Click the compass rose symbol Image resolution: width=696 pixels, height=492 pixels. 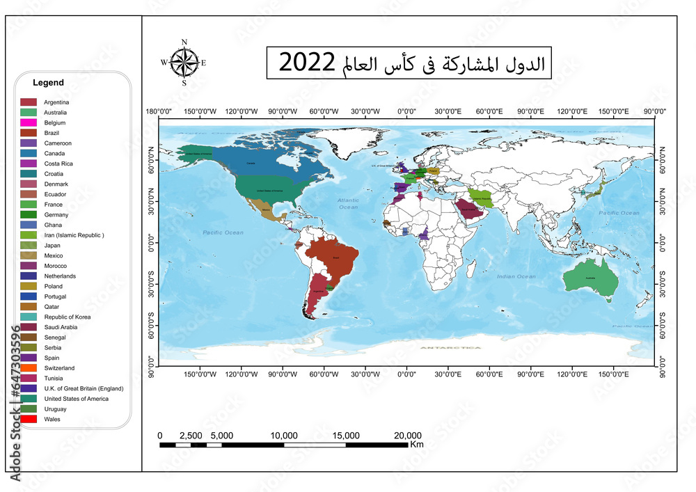184,63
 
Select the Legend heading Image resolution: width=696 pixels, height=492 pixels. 48,83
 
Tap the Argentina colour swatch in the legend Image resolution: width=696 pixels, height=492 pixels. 29,102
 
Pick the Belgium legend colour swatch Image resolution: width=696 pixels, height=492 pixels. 29,122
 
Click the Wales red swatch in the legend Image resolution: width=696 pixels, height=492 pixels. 29,420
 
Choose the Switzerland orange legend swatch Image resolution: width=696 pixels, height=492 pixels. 29,368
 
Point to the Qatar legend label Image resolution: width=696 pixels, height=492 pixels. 52,307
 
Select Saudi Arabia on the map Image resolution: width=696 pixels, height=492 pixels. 468,212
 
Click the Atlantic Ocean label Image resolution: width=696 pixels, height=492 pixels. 348,203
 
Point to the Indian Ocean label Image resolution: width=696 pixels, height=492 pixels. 516,277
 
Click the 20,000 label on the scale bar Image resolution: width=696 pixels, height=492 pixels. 407,436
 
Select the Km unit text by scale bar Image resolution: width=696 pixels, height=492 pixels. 417,444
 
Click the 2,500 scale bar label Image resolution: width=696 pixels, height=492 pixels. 190,436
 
